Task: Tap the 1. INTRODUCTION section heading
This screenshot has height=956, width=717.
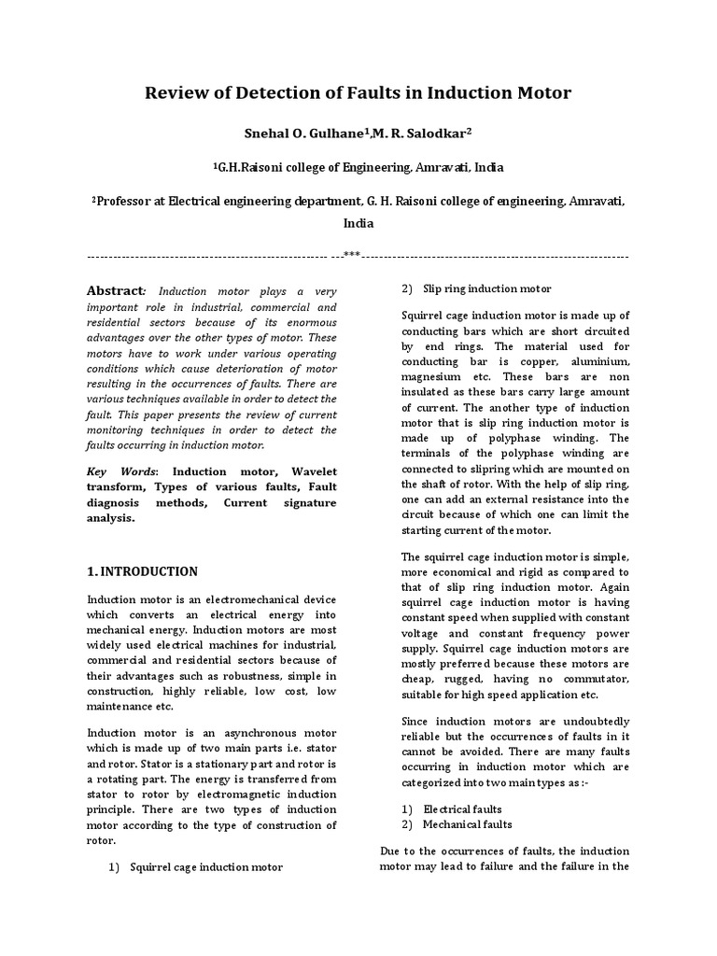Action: pyautogui.click(x=142, y=571)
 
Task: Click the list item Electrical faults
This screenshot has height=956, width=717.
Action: pyautogui.click(x=462, y=808)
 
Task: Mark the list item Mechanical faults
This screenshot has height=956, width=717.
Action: pyautogui.click(x=467, y=825)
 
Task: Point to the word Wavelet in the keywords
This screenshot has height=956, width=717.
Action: pyautogui.click(x=316, y=472)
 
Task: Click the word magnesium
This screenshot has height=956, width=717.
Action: pyautogui.click(x=435, y=377)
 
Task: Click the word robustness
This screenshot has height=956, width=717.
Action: pyautogui.click(x=266, y=676)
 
